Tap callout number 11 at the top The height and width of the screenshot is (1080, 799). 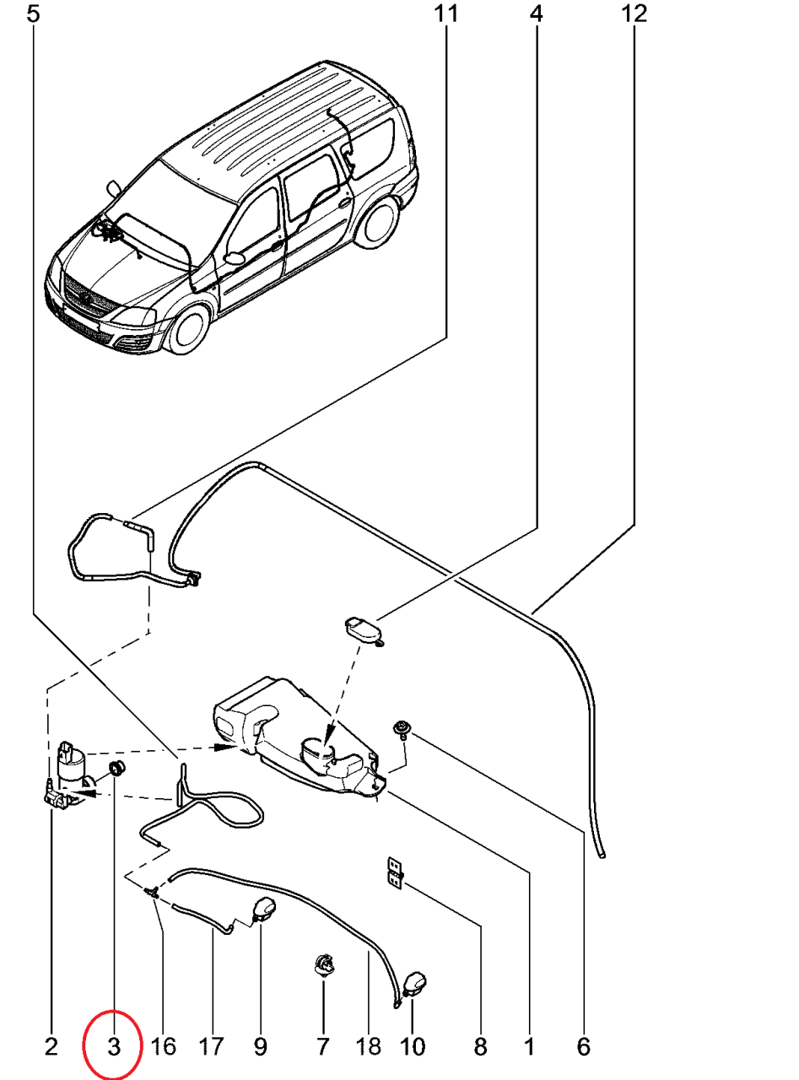point(446,14)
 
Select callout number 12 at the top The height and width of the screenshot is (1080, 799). point(634,14)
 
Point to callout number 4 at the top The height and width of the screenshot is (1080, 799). point(537,14)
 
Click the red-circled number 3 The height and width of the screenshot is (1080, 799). point(114,1047)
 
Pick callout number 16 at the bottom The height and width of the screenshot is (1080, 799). point(163,1047)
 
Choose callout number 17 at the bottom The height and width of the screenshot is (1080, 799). point(212,1047)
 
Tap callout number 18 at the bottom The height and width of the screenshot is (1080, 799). point(369,1047)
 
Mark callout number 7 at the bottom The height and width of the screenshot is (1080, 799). point(322,1047)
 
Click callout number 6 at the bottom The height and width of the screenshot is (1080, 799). point(583,1047)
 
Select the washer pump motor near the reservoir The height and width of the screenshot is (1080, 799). point(71,764)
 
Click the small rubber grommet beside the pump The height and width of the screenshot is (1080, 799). point(117,767)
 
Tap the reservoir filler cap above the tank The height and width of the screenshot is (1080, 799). point(362,629)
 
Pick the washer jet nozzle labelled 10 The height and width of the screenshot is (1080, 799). point(414,984)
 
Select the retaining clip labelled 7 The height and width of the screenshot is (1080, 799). point(323,964)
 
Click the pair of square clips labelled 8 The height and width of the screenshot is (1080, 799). point(393,872)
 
